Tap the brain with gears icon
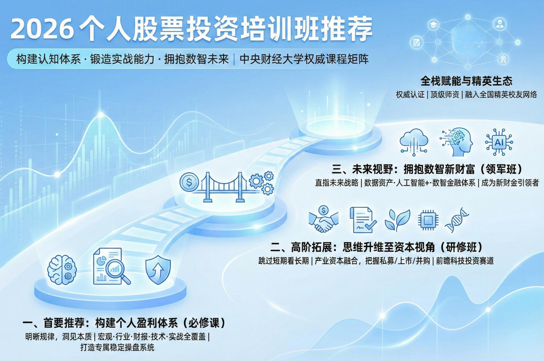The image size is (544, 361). [62, 270]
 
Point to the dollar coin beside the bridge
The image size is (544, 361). [189, 182]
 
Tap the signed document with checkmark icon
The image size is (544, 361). [362, 220]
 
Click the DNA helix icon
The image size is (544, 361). [457, 220]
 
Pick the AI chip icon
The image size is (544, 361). [499, 142]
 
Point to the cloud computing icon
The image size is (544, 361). [414, 141]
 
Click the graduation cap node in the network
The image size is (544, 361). [433, 25]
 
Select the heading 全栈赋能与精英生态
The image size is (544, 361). [466, 81]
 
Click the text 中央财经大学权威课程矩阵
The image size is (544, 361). [304, 59]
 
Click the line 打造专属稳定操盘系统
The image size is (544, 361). [117, 347]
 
